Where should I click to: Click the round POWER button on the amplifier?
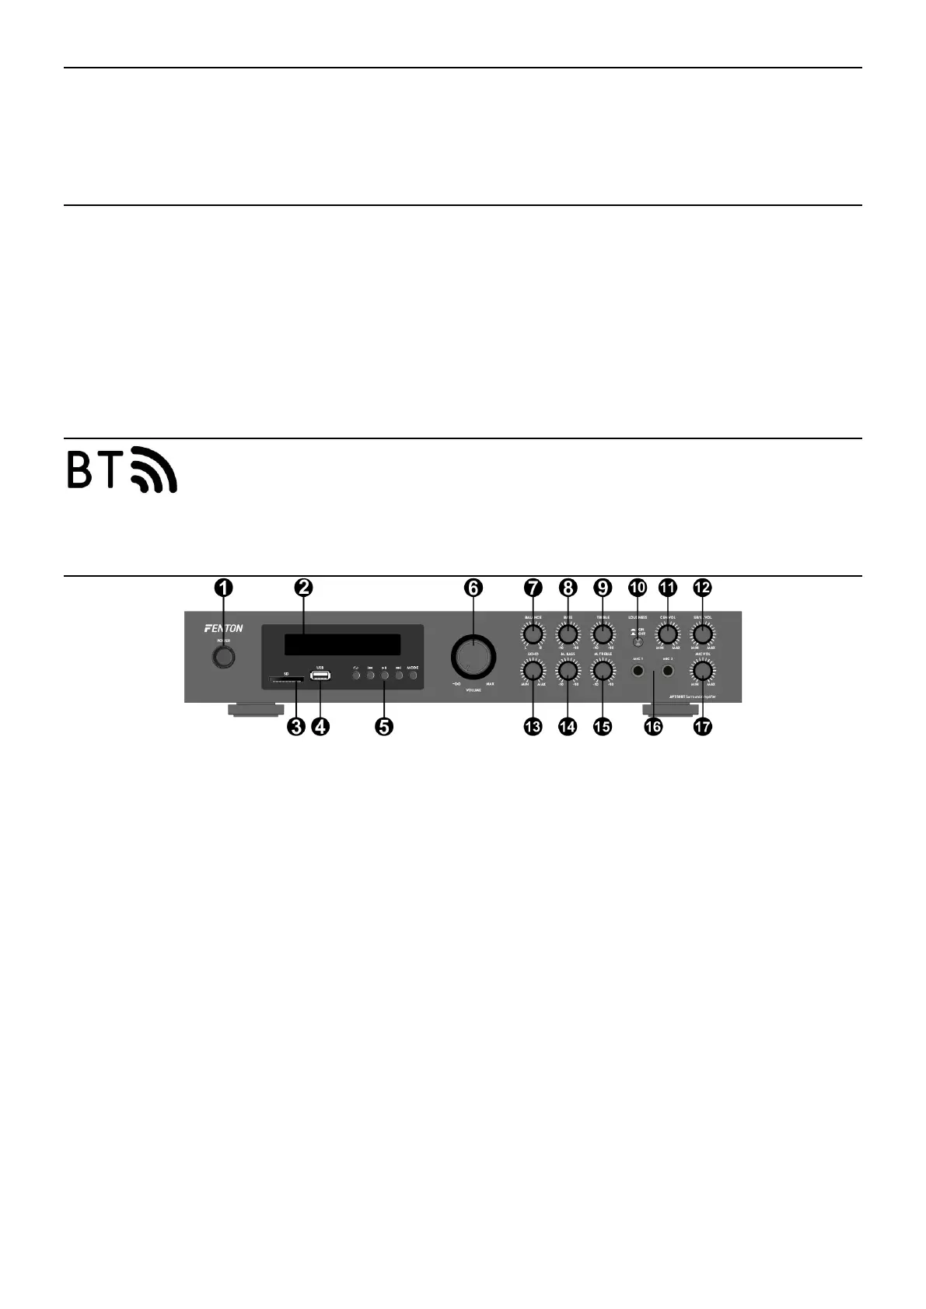tap(224, 657)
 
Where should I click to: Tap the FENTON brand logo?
tap(224, 628)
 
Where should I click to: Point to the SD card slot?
tap(286, 679)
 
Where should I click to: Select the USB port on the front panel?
tap(320, 675)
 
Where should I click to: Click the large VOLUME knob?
tap(473, 657)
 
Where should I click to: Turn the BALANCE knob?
tap(533, 634)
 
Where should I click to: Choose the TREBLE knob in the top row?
tap(603, 634)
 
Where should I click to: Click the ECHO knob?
tap(533, 670)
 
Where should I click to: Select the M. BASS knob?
tap(568, 670)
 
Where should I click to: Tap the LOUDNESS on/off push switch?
tap(638, 642)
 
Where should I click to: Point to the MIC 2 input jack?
tap(667, 669)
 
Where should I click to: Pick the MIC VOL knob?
tap(702, 670)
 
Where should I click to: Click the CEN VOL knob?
tap(667, 634)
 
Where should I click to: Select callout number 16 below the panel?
tap(653, 727)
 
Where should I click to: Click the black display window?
tap(342, 644)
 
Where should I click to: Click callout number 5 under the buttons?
tap(384, 727)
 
